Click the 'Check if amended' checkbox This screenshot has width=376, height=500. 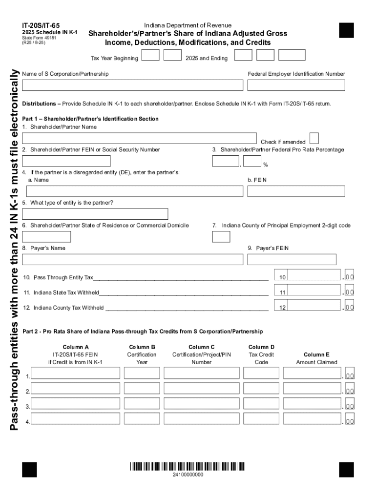tap(314, 138)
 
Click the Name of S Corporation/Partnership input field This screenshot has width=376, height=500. tap(132, 85)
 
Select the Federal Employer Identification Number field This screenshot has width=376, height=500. tap(296, 85)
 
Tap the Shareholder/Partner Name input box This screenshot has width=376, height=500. tap(140, 138)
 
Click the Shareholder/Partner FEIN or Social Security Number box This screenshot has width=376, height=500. tap(66, 161)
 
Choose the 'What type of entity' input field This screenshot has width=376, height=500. tap(95, 214)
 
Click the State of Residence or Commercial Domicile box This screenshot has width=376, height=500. tap(46, 237)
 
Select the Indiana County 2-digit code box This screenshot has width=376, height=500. tap(221, 237)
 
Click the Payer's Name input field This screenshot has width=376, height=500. tap(132, 259)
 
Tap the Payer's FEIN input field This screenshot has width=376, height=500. tap(292, 259)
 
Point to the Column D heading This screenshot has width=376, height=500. tap(261, 347)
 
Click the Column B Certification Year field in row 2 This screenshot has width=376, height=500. tap(142, 388)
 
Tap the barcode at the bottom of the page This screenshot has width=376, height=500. tap(188, 466)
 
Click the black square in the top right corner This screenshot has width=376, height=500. tap(346, 30)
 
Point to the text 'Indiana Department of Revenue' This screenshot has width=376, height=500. tap(188, 25)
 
